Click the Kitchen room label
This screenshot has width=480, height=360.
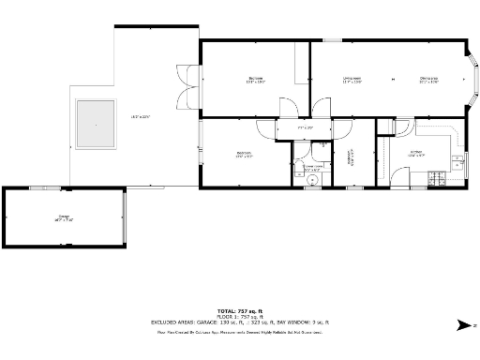coord(416,152)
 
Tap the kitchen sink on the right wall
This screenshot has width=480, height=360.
coord(457,160)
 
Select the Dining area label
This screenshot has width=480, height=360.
coord(429,79)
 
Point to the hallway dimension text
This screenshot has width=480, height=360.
coord(306,127)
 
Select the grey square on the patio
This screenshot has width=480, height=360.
coord(96,124)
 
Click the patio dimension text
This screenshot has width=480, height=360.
coord(141,116)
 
